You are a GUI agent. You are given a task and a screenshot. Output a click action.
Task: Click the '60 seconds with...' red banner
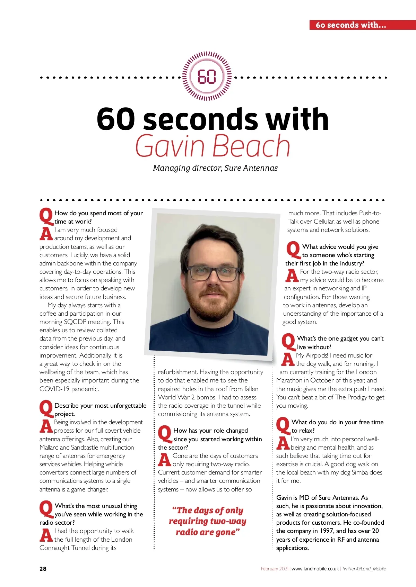[x=351, y=25]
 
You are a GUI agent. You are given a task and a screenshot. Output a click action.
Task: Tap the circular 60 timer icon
[x=207, y=76]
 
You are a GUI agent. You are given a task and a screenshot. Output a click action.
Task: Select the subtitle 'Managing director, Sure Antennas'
[x=215, y=168]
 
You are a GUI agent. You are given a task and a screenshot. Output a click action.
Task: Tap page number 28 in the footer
[x=43, y=569]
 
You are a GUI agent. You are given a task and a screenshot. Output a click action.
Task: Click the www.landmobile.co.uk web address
[x=315, y=569]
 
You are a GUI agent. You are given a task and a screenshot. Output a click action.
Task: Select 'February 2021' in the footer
[x=274, y=569]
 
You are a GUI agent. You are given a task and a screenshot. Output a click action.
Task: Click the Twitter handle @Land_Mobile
[x=364, y=569]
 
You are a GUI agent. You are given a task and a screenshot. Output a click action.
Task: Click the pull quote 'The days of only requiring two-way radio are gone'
[x=207, y=521]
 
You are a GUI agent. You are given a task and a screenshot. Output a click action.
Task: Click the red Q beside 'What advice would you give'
[x=293, y=250]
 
